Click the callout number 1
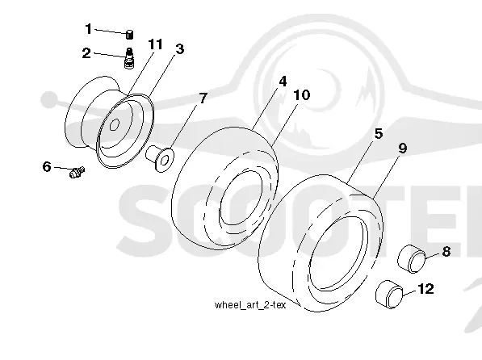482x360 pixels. click(89, 29)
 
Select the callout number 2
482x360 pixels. click(86, 53)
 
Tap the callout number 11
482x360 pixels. click(155, 44)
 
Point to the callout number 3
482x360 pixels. click(180, 49)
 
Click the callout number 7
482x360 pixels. click(203, 98)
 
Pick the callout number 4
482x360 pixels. click(283, 82)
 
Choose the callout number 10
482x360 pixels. click(302, 95)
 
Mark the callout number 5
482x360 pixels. click(379, 134)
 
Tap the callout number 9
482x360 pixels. click(403, 149)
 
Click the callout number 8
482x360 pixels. click(446, 252)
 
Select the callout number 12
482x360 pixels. click(425, 289)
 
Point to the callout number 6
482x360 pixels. click(47, 166)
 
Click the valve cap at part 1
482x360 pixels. click(130, 35)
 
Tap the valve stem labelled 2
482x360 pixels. click(130, 58)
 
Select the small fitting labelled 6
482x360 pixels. click(77, 172)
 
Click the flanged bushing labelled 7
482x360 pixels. click(160, 159)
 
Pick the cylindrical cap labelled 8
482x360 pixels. click(412, 258)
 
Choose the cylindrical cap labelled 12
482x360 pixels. click(389, 294)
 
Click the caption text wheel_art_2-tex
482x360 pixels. click(250, 305)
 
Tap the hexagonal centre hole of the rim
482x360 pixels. click(115, 125)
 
